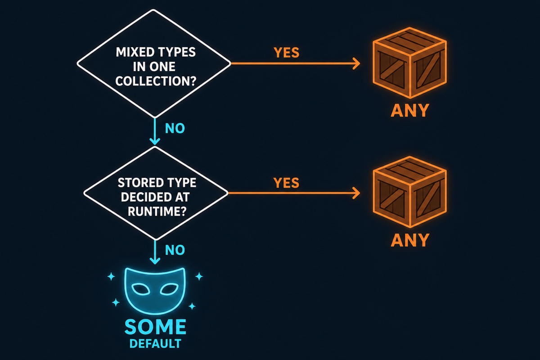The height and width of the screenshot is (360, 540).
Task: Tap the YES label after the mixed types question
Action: tap(286, 53)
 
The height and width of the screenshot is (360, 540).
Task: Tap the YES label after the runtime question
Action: tap(286, 183)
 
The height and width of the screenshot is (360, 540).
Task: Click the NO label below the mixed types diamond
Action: tap(175, 128)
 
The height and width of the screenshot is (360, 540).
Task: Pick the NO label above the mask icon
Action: tap(175, 250)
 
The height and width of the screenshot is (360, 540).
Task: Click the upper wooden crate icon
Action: tap(409, 63)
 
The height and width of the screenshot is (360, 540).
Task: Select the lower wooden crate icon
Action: tap(409, 192)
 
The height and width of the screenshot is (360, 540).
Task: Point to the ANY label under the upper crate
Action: tap(410, 110)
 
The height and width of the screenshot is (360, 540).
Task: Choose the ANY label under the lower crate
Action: tap(410, 240)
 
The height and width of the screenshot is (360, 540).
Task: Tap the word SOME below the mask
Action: tap(155, 327)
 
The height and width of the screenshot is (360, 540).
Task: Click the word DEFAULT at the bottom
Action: tap(155, 344)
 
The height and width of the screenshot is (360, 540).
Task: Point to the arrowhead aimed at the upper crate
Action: tap(356, 63)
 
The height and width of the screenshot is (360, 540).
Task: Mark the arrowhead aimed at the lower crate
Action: tap(356, 193)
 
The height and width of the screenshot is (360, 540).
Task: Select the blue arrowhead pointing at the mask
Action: tap(155, 261)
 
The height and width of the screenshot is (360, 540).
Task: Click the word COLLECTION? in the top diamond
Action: tap(156, 81)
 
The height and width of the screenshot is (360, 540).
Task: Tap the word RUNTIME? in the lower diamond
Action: tap(157, 211)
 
